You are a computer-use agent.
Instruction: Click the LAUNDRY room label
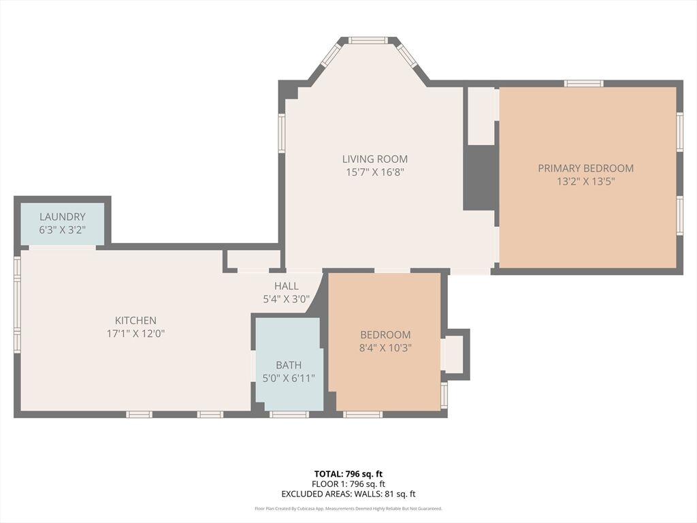tap(62, 217)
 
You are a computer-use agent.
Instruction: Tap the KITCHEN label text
tap(135, 320)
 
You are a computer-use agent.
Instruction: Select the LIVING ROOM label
tap(375, 159)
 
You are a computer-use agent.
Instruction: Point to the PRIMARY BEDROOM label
tap(586, 168)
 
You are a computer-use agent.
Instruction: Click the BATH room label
tap(289, 365)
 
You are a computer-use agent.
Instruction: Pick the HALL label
tap(287, 286)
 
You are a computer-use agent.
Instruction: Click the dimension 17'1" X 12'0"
tap(135, 334)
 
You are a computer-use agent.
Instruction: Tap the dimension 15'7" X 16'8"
tap(375, 172)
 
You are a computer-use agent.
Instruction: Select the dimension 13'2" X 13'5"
tap(586, 181)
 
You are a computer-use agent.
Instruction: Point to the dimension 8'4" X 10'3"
tap(385, 348)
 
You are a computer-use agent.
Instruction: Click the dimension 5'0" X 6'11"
tap(289, 379)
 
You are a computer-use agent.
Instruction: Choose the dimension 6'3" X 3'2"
tap(62, 230)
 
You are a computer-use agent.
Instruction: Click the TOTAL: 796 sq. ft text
tap(348, 474)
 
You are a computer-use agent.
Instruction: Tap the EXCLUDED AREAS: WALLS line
tap(348, 494)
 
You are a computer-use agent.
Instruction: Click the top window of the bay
tap(368, 40)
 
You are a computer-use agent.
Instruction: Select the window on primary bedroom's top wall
tap(583, 83)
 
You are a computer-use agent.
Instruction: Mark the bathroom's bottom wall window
tap(289, 415)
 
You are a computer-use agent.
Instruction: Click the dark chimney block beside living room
tap(479, 178)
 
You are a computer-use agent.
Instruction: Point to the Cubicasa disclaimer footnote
tap(348, 508)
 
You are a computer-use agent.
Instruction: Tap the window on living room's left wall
tap(282, 133)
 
